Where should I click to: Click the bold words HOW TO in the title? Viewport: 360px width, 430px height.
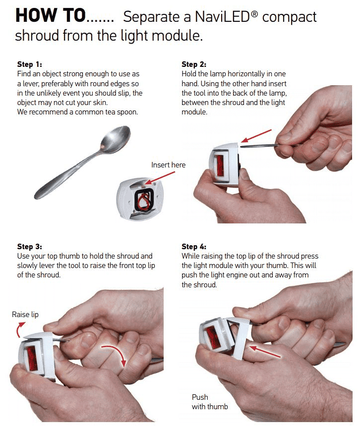coord(51,15)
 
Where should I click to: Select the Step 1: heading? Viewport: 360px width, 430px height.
coord(29,64)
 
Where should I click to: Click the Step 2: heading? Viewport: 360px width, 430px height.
coord(194,64)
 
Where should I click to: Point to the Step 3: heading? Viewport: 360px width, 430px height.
coord(29,246)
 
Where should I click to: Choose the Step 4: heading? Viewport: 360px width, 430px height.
coord(194,246)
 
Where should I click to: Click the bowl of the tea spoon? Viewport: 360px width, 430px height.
coord(116,139)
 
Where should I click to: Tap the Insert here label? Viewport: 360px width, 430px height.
coord(168,165)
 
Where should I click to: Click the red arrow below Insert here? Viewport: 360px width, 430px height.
coord(160,178)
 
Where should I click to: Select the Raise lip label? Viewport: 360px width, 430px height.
coord(25,314)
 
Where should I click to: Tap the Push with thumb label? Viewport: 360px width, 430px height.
coord(210,402)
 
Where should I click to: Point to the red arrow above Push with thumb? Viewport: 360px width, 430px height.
coord(265,352)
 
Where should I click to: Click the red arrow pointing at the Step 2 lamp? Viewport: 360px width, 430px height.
coord(256,136)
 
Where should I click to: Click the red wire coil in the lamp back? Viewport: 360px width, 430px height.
coord(144,201)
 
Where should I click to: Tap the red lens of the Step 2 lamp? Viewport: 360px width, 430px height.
coord(220,166)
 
